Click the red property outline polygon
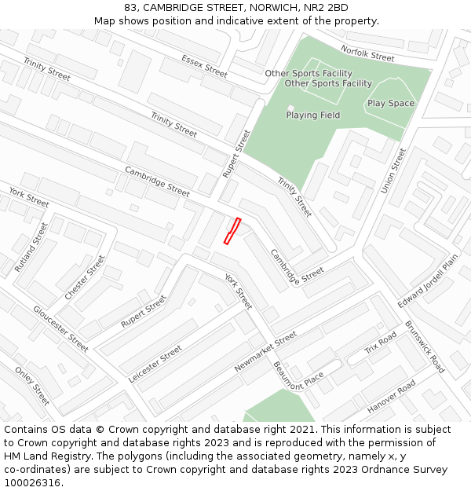pyautogui.click(x=232, y=231)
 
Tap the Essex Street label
pyautogui.click(x=204, y=65)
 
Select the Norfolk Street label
pyautogui.click(x=367, y=53)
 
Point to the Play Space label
pyautogui.click(x=391, y=104)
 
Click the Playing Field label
pyautogui.click(x=312, y=115)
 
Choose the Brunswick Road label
pyautogui.click(x=425, y=346)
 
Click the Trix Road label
pyautogui.click(x=382, y=343)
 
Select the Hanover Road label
pyautogui.click(x=391, y=397)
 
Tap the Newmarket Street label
pyautogui.click(x=265, y=352)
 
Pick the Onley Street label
pyautogui.click(x=32, y=386)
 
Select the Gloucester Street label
pyautogui.click(x=60, y=328)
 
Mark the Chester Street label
pyautogui.click(x=85, y=277)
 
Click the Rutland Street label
pyautogui.click(x=31, y=247)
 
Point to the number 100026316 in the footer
pyautogui.click(x=33, y=482)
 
